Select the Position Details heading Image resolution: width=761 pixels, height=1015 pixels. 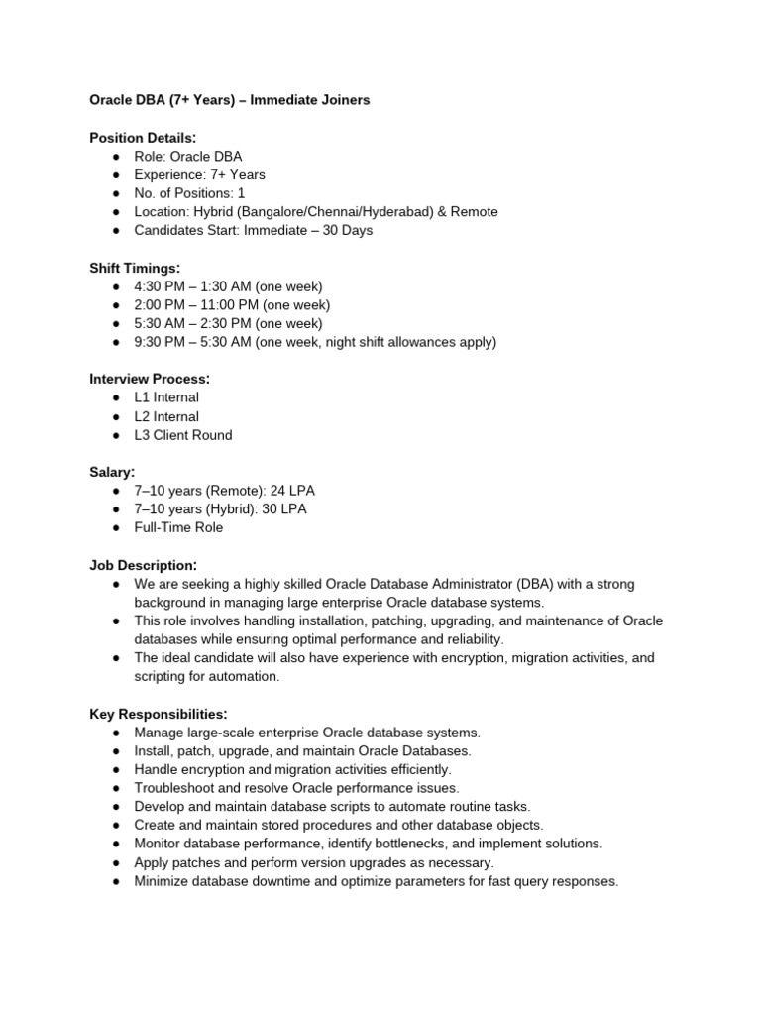point(143,138)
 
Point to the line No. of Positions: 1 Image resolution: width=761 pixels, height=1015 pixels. point(189,193)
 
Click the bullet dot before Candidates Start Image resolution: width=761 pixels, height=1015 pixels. point(116,231)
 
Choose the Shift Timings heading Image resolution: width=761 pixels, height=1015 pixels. point(136,268)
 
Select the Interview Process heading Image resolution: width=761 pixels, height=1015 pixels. point(149,379)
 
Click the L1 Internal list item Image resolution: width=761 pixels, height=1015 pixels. point(166,397)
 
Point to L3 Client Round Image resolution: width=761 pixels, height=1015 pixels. point(183,435)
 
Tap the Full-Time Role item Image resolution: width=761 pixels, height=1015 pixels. point(178,527)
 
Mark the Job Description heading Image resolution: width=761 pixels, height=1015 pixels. point(143,564)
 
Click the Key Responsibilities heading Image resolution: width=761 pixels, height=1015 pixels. point(159,714)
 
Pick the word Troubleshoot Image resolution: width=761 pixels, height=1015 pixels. point(175,788)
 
